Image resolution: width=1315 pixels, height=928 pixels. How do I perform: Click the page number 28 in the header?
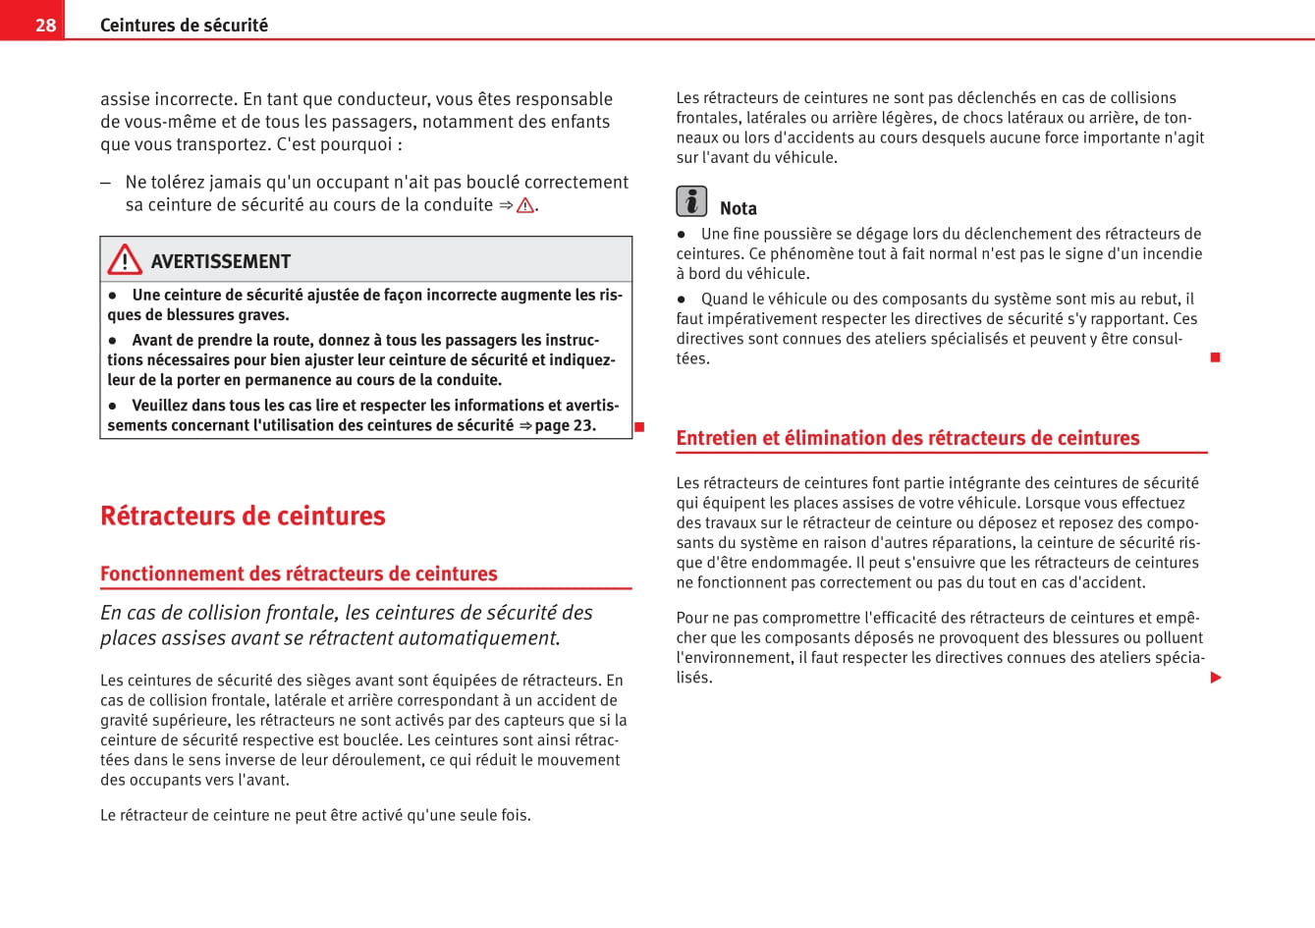(x=45, y=25)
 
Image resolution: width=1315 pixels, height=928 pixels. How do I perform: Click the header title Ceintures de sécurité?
(x=184, y=25)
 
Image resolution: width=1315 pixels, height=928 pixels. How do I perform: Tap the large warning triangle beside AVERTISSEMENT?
(x=125, y=259)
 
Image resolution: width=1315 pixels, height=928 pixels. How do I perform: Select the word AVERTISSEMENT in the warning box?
(x=221, y=261)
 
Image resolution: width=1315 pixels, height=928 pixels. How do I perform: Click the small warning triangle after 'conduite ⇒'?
(x=525, y=205)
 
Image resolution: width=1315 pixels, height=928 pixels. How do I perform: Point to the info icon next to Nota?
(x=691, y=201)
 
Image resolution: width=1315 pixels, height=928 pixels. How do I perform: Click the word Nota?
(x=739, y=208)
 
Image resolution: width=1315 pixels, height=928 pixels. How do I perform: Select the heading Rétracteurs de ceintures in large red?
(x=243, y=516)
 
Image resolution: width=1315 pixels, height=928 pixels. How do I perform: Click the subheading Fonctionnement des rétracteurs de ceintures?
(x=299, y=573)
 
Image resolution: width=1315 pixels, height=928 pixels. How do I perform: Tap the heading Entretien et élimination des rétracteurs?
(x=907, y=438)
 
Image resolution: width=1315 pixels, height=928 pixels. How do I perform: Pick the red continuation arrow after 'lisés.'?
(x=1216, y=678)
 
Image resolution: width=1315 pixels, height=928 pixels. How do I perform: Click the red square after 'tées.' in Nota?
(x=1215, y=357)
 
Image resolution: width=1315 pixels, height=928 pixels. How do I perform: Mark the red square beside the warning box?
(x=638, y=426)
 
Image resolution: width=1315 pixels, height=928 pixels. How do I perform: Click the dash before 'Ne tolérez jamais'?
(x=105, y=183)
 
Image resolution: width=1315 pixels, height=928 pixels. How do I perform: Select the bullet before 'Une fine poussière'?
(x=681, y=235)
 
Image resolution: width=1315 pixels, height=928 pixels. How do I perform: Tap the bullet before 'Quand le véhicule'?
(x=681, y=300)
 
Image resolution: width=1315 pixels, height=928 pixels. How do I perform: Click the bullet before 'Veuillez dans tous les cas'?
(x=113, y=406)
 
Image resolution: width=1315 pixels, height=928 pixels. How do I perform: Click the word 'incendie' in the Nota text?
(x=1173, y=253)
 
